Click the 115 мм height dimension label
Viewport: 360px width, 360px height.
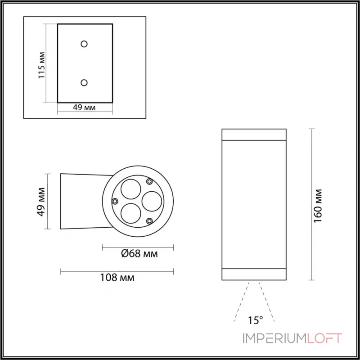click(41, 65)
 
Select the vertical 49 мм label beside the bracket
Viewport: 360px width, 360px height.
click(41, 201)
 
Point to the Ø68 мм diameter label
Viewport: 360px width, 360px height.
click(139, 254)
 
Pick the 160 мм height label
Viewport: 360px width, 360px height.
click(319, 204)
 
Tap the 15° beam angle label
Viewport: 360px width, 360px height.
click(255, 320)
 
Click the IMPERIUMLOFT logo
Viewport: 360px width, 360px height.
click(293, 338)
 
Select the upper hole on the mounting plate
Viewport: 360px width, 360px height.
click(84, 44)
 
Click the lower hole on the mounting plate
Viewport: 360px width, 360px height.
click(84, 82)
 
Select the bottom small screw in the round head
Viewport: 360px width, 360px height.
click(149, 220)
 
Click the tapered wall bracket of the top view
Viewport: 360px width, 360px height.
click(81, 201)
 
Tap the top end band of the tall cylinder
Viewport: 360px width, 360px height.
click(254, 135)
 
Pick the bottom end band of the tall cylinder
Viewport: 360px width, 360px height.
click(254, 274)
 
